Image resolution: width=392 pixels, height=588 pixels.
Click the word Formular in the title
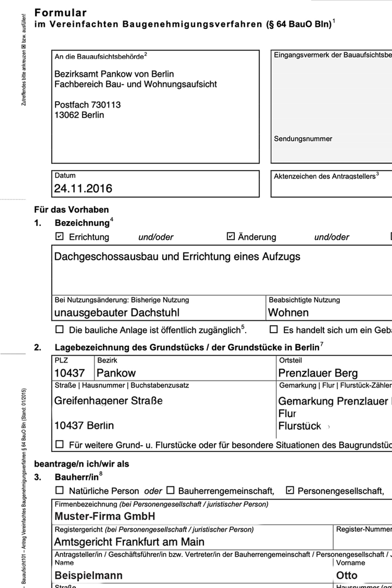tap(61, 13)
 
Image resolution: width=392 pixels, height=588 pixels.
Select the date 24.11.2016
tap(83, 189)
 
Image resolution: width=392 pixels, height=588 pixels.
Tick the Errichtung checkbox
tap(60, 237)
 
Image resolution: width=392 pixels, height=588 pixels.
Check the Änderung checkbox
tap(231, 237)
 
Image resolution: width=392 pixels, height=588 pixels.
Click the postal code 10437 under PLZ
tap(69, 373)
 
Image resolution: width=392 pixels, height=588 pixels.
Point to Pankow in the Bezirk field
tap(116, 373)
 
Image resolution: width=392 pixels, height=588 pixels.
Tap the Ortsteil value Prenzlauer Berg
tap(318, 373)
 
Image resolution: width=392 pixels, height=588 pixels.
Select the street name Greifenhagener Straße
tap(108, 401)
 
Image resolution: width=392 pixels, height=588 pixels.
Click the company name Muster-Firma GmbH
tap(105, 517)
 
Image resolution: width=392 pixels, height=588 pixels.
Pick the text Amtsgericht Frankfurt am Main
tap(129, 542)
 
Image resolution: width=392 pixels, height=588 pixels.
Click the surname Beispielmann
tap(88, 575)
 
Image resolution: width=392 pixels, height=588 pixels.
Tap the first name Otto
tap(347, 575)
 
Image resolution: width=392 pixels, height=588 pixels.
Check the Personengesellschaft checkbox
tap(290, 490)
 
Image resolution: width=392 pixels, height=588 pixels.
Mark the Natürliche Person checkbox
tap(60, 490)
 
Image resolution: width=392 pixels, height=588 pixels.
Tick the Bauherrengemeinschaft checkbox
tap(171, 490)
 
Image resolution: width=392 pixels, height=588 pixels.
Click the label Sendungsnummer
tap(303, 139)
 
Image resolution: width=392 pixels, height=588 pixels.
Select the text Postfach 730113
tap(88, 105)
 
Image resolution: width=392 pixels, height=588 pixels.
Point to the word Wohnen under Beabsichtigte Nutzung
tap(288, 313)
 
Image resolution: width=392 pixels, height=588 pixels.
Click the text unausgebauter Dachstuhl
tap(117, 313)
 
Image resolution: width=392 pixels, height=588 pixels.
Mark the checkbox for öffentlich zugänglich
tap(60, 330)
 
